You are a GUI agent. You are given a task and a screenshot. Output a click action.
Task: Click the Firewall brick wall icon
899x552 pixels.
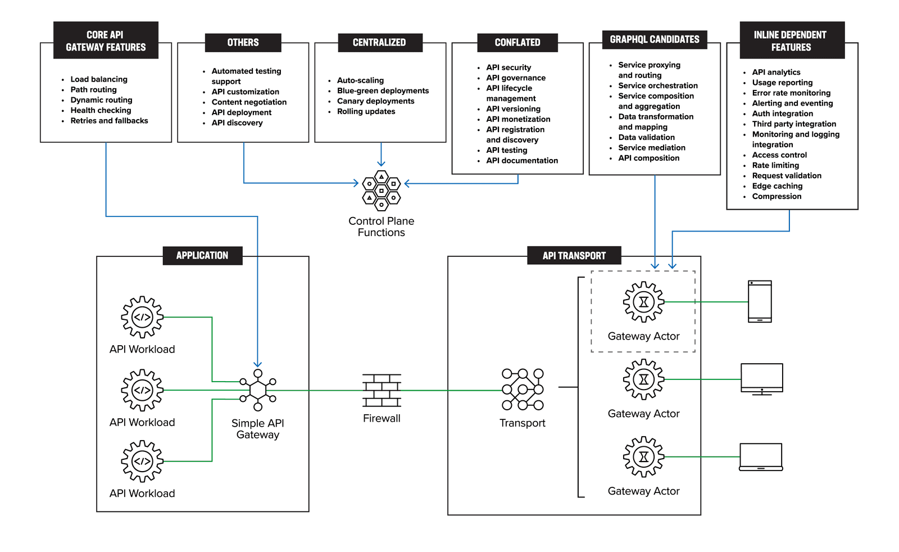point(382,391)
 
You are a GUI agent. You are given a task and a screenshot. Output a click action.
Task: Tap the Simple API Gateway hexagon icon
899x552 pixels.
point(258,390)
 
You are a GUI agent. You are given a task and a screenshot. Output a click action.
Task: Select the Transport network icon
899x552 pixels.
point(523,390)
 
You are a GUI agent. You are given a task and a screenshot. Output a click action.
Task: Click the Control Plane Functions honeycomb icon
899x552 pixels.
point(382,191)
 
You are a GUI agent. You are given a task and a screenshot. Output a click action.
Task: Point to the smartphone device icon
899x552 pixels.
point(760,301)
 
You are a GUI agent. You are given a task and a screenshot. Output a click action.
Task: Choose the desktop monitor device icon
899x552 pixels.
point(761,379)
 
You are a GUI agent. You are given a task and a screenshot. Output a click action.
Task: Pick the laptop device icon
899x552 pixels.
point(761,457)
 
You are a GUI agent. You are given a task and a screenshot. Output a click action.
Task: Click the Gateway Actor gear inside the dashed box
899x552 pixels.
point(643,302)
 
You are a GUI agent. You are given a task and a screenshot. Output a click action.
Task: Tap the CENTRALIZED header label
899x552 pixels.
point(379,43)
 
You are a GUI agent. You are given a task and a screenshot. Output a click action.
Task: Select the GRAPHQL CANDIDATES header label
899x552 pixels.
point(655,39)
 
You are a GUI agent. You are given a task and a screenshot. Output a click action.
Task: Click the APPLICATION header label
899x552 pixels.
point(202,256)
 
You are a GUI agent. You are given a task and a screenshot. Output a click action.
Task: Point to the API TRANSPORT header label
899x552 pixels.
point(574,256)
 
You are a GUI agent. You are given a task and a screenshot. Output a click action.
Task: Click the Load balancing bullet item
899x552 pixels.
point(99,79)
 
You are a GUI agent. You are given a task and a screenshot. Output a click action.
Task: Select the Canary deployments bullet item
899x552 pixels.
point(375,101)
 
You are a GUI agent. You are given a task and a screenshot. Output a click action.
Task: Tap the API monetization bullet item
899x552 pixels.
point(518,119)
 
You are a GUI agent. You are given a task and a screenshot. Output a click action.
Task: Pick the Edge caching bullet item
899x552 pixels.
point(777,186)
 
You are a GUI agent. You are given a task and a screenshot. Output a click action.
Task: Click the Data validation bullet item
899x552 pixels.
point(646,137)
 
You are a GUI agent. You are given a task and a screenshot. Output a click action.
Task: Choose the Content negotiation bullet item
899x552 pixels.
point(249,102)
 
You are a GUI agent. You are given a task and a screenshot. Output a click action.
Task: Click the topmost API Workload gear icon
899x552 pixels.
point(142,317)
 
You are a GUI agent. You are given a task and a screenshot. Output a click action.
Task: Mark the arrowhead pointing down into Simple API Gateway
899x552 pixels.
point(257,364)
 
